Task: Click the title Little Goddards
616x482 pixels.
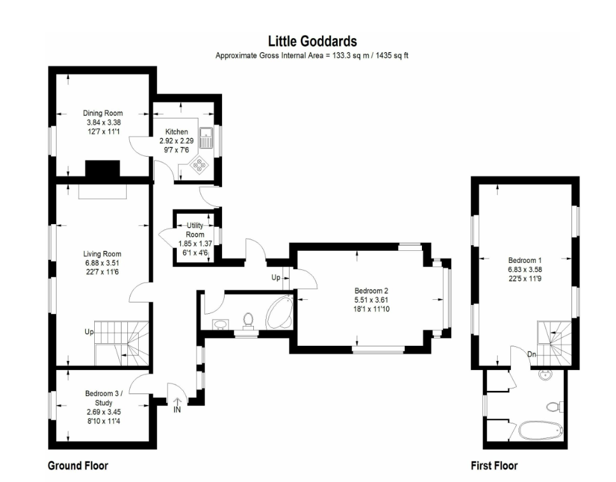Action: pyautogui.click(x=312, y=41)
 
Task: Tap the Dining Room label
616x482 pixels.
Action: pyautogui.click(x=103, y=113)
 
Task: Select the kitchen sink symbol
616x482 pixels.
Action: pyautogui.click(x=206, y=137)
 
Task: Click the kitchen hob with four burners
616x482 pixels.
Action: pyautogui.click(x=199, y=164)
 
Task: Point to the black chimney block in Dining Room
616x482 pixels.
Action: pyautogui.click(x=102, y=168)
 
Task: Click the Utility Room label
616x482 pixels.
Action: pyautogui.click(x=195, y=230)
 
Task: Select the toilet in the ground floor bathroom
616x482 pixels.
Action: pyautogui.click(x=248, y=320)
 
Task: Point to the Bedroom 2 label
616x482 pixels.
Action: pyautogui.click(x=371, y=291)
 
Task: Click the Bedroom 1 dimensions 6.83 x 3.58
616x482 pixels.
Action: pyautogui.click(x=525, y=270)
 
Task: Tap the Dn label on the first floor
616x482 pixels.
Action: pyautogui.click(x=531, y=354)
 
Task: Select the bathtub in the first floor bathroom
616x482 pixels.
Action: pyautogui.click(x=540, y=431)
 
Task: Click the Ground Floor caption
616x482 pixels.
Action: pyautogui.click(x=78, y=466)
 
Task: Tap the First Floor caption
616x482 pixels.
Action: pyautogui.click(x=494, y=466)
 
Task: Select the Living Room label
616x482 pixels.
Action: pyautogui.click(x=102, y=254)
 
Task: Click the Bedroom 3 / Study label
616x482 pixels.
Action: pyautogui.click(x=104, y=398)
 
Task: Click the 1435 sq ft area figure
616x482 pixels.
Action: pyautogui.click(x=392, y=55)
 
